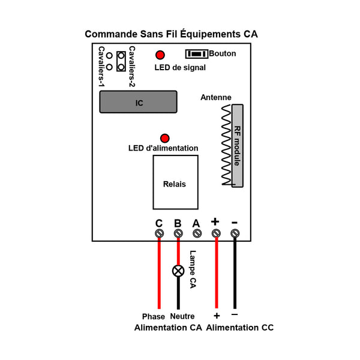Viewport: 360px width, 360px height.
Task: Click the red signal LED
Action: coord(160,55)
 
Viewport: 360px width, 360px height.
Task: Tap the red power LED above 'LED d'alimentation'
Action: coord(165,138)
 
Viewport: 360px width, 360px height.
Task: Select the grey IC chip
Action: coord(138,102)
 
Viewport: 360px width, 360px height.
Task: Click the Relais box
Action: coord(176,182)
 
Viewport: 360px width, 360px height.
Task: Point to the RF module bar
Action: coord(238,146)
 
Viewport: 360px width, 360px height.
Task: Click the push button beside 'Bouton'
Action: coord(197,54)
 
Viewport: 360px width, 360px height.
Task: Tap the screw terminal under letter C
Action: coord(160,233)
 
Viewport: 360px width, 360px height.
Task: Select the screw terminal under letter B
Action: coord(178,233)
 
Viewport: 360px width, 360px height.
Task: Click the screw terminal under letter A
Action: coord(197,233)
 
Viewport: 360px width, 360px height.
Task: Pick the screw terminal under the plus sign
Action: coord(216,233)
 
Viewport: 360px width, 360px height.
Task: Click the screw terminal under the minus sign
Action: coord(235,233)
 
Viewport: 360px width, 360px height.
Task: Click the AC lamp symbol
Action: coord(178,271)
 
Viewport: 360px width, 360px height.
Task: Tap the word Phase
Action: coord(154,317)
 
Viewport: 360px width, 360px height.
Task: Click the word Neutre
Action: coord(182,316)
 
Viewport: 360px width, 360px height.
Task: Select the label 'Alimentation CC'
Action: coord(240,328)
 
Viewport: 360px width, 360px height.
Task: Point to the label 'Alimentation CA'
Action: coord(168,328)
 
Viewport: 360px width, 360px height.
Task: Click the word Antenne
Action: coord(216,97)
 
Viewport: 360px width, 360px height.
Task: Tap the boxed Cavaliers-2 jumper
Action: coord(121,61)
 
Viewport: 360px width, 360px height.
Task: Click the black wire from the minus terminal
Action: coord(235,273)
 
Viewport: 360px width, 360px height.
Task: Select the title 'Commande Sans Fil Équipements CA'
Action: coord(171,34)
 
